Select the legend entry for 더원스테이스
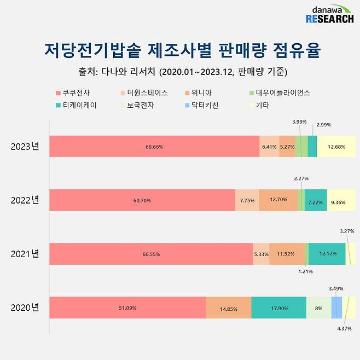tap(144, 93)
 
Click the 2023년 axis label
tap(25, 147)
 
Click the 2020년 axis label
tap(25, 307)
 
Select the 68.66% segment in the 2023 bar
tap(154, 147)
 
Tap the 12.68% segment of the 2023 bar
tap(336, 147)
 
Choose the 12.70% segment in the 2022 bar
tap(278, 200)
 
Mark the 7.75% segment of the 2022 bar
tap(247, 200)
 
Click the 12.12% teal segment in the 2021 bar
tap(327, 254)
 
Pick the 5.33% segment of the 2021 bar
tap(261, 254)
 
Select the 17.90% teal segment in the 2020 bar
tap(279, 307)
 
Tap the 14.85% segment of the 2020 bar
tap(229, 307)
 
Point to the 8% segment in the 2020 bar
tap(318, 307)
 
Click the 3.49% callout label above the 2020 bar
tap(336, 288)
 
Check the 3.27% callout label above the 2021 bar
tap(347, 231)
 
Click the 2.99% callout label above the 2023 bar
tap(323, 125)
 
